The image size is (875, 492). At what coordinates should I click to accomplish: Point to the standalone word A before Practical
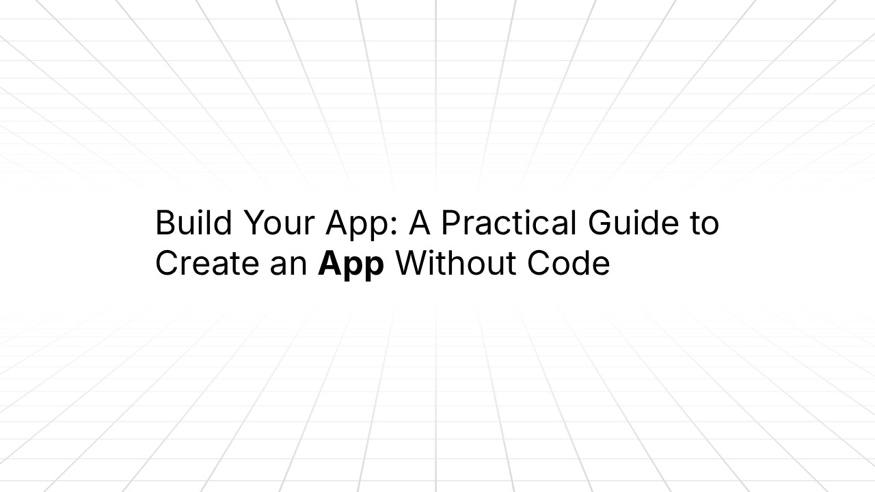point(424,223)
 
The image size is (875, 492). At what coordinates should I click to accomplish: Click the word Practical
point(503,223)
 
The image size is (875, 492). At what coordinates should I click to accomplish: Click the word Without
point(455,264)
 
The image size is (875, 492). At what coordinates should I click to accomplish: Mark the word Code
point(568,264)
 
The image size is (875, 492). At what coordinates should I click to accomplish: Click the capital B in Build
point(165,223)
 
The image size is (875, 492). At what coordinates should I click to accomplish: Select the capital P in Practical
point(450,223)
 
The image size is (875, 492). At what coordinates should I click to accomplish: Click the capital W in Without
point(414,264)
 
